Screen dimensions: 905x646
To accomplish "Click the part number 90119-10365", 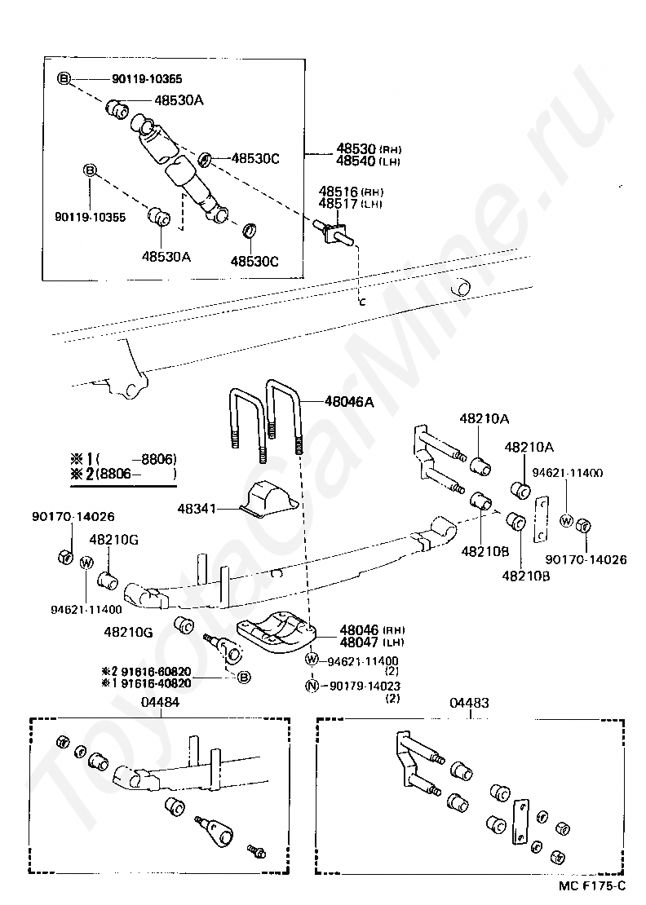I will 147,79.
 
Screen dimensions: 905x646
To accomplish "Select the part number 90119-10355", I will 90,218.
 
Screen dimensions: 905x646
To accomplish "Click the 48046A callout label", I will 348,401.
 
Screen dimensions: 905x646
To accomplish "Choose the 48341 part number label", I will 197,509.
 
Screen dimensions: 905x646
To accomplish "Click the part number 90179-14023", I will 365,686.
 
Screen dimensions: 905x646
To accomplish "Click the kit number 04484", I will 160,702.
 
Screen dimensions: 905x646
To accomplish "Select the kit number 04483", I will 470,702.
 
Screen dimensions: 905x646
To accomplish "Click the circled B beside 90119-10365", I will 64,79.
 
